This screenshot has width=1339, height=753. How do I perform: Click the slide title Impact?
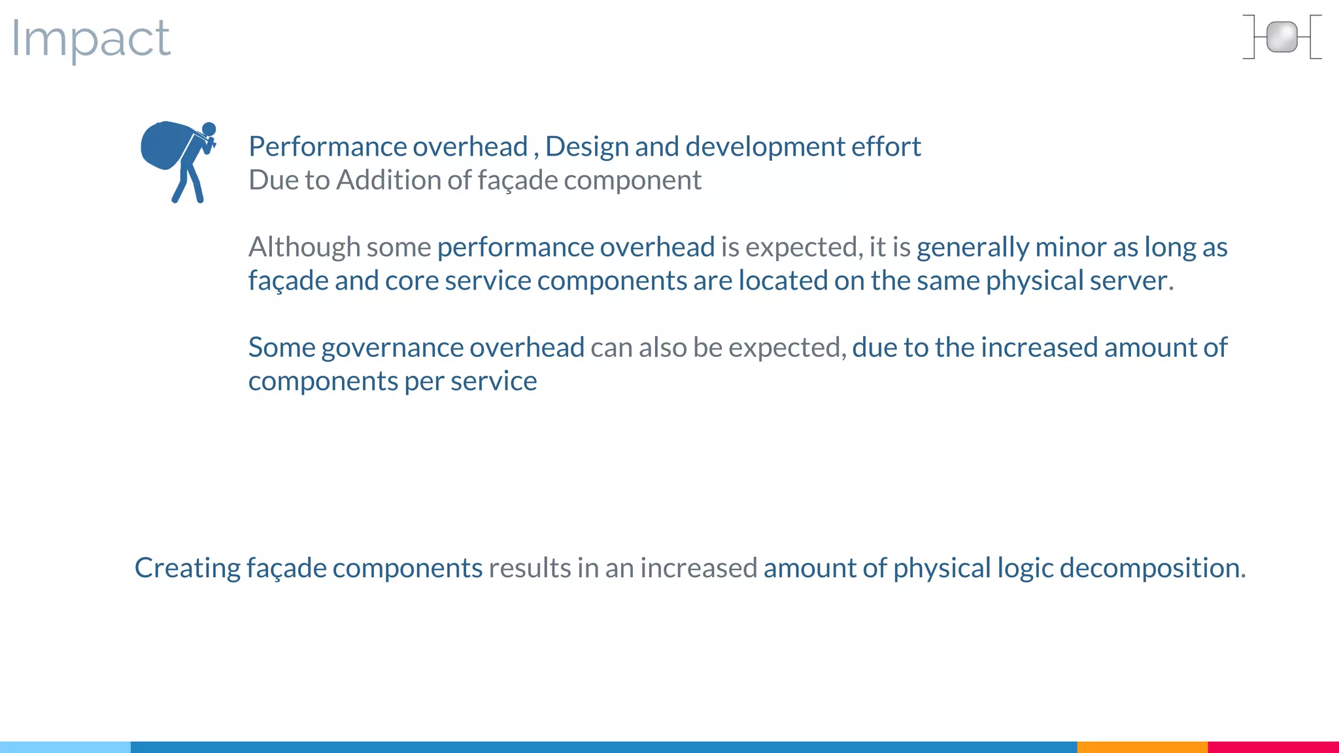[x=91, y=39]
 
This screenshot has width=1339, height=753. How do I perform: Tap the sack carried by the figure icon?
[x=163, y=144]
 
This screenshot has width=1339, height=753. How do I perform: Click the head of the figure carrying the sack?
[x=209, y=129]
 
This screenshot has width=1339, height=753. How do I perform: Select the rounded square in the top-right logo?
[x=1281, y=37]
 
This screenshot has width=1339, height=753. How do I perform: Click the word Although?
[x=304, y=247]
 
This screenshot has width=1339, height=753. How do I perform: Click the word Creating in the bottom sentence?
[x=187, y=567]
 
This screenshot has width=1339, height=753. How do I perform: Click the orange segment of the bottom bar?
[x=1142, y=746]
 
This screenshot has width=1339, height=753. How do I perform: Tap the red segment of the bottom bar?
[x=1273, y=746]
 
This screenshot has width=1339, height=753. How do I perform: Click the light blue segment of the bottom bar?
[x=65, y=746]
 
